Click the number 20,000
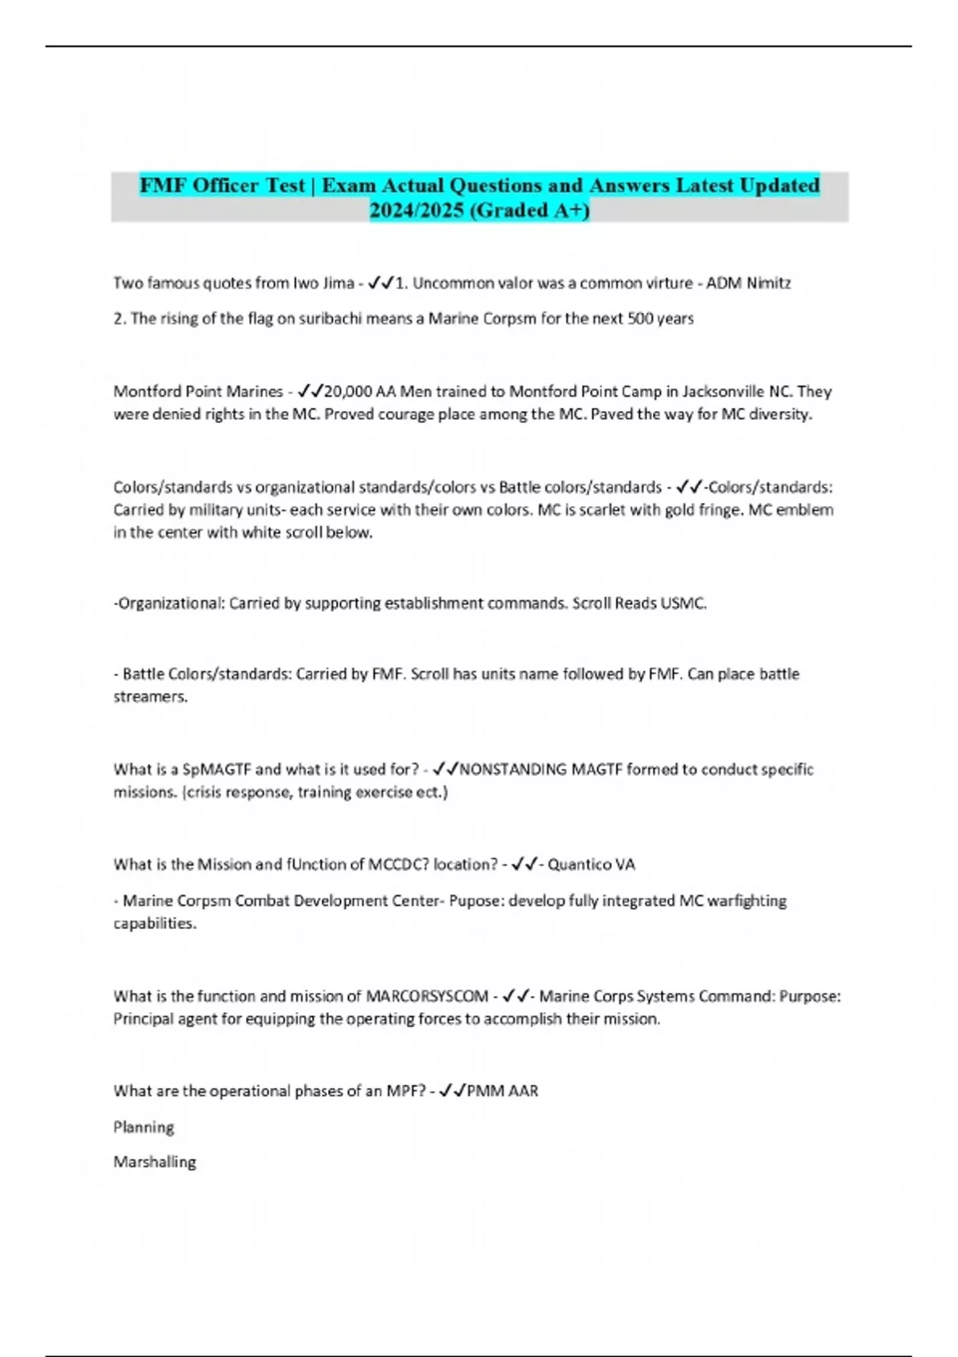coord(348,392)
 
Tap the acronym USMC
coord(683,603)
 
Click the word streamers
coord(150,697)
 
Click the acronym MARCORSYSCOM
coord(427,996)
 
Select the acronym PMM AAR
coord(502,1091)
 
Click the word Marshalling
coord(155,1162)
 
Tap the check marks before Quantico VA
coord(524,864)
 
